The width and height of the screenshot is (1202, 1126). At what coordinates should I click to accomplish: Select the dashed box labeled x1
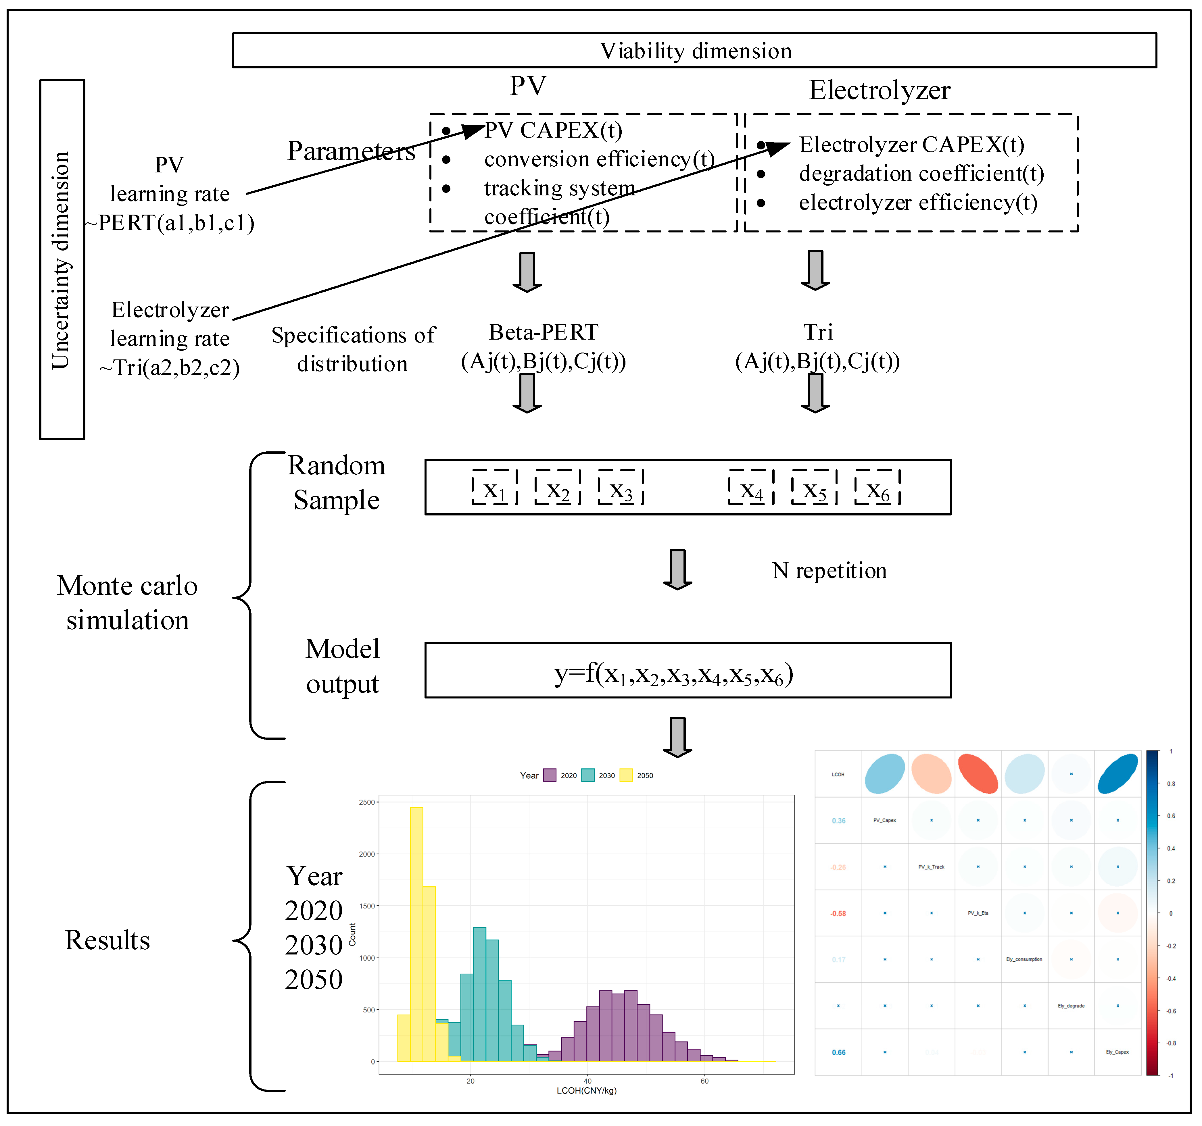point(495,487)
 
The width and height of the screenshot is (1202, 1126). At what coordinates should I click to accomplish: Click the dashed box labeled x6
point(877,487)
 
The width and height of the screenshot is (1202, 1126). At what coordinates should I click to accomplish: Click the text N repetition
point(829,571)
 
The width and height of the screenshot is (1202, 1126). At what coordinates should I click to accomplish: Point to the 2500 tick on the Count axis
point(367,802)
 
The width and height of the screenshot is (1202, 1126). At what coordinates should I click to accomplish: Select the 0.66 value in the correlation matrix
point(839,1052)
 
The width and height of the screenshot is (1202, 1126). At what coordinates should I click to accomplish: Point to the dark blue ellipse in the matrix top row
point(1117,774)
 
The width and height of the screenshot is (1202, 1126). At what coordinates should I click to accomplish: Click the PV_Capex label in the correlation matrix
point(885,820)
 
